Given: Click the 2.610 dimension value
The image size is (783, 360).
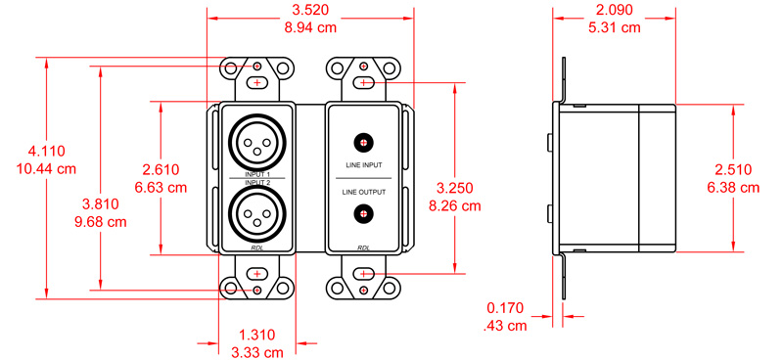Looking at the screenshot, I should [163, 168].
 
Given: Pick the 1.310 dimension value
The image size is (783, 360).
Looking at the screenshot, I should [256, 334].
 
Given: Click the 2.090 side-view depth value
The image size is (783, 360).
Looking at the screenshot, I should [614, 11].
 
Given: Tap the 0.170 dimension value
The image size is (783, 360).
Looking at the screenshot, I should [507, 306].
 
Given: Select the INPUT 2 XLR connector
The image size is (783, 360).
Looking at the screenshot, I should [256, 213].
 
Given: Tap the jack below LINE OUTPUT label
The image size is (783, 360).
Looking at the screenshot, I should [363, 214].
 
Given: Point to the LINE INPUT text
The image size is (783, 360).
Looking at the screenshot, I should [363, 165].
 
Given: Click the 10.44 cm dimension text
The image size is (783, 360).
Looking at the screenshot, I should [46, 168].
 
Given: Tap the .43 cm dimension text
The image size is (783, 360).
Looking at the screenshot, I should [507, 324].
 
